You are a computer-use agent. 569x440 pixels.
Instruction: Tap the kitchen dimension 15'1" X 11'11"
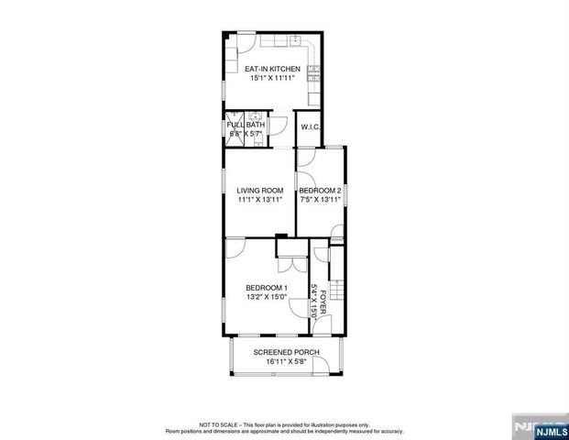(269, 79)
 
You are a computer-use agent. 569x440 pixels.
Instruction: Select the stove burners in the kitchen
(313, 72)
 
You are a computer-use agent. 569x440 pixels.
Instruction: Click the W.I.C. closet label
(310, 127)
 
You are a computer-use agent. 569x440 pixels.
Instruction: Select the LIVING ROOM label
(259, 191)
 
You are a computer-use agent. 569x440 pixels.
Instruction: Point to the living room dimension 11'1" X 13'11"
(259, 200)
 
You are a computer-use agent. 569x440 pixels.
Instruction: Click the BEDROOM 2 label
(321, 191)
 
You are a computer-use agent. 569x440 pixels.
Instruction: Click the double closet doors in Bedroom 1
(293, 263)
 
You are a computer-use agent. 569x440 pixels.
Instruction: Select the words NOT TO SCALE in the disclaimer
(217, 425)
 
